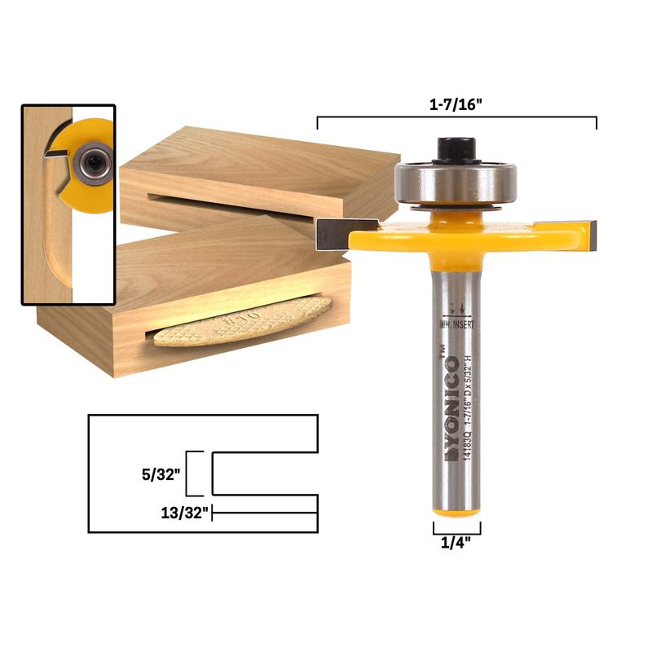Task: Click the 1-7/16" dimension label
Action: (x=456, y=104)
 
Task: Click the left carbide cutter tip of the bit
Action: (x=333, y=234)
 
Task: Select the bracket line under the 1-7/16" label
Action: (x=456, y=119)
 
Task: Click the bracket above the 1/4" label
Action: (x=456, y=527)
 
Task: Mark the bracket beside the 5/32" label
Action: (x=192, y=473)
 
